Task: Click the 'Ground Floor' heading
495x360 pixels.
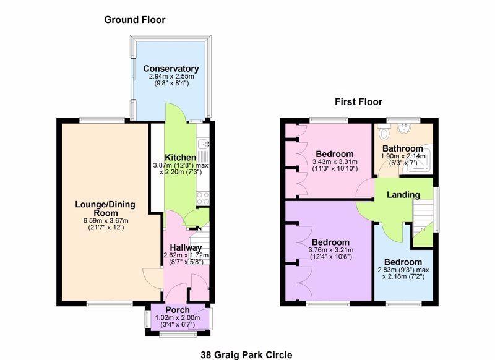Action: pyautogui.click(x=135, y=20)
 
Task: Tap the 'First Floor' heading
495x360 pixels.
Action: pyautogui.click(x=358, y=102)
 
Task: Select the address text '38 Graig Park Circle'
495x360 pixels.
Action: pyautogui.click(x=246, y=355)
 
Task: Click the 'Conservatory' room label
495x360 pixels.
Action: pyautogui.click(x=171, y=69)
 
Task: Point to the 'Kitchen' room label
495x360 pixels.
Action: pyautogui.click(x=181, y=158)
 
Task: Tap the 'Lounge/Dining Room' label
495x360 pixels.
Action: pyautogui.click(x=105, y=208)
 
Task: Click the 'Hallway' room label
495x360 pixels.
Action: pyautogui.click(x=186, y=247)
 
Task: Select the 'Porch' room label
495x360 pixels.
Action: pyautogui.click(x=178, y=310)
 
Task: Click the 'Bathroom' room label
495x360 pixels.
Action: pyautogui.click(x=403, y=148)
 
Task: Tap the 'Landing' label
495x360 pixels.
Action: pyautogui.click(x=403, y=195)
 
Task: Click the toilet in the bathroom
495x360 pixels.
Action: pyautogui.click(x=384, y=131)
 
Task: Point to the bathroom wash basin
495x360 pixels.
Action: pyautogui.click(x=404, y=128)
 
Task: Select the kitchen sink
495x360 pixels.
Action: pyautogui.click(x=203, y=145)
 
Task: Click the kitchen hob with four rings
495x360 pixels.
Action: pyautogui.click(x=203, y=199)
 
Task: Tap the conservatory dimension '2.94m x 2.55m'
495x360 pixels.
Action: pyautogui.click(x=171, y=76)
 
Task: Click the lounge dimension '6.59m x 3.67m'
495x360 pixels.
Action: pyautogui.click(x=106, y=221)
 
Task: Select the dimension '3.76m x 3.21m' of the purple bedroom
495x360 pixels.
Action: pyautogui.click(x=331, y=250)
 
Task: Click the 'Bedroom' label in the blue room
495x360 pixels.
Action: pyautogui.click(x=403, y=262)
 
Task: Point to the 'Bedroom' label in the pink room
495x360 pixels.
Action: pyautogui.click(x=335, y=154)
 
